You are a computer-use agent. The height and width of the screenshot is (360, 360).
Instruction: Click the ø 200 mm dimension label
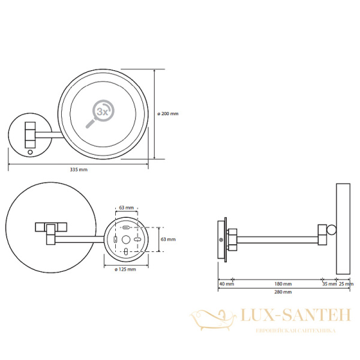point(168,113)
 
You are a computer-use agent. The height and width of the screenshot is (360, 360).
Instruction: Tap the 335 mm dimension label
point(79,170)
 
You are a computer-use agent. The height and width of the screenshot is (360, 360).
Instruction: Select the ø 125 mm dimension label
point(125,269)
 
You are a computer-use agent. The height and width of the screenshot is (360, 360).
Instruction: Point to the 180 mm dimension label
point(283,284)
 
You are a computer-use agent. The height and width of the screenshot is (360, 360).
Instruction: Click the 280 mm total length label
point(283,292)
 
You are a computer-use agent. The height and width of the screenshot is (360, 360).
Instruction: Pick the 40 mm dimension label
point(227,284)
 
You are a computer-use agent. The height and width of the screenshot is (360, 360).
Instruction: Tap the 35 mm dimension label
point(329,284)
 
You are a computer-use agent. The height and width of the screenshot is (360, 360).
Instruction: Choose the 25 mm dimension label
point(346,284)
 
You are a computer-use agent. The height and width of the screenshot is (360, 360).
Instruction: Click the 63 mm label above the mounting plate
point(126,208)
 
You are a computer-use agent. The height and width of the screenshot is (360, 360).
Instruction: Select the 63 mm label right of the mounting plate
point(168,239)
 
